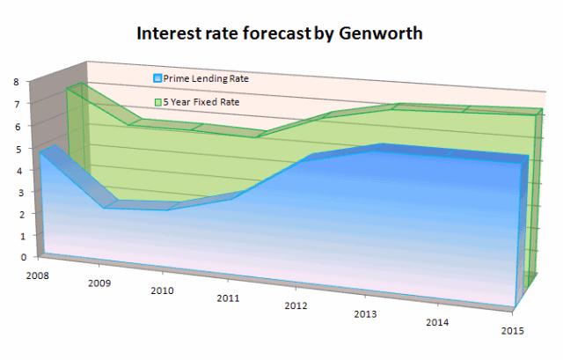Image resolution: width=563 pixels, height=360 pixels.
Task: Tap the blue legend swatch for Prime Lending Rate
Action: [x=157, y=78]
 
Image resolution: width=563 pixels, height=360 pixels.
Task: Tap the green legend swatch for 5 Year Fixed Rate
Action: [x=157, y=102]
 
